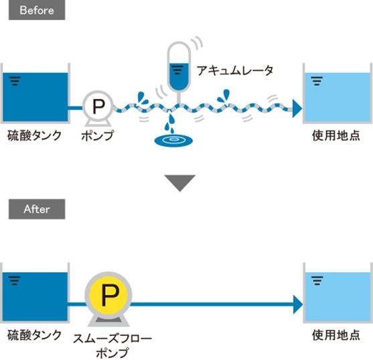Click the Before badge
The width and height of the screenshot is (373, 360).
(x=37, y=11)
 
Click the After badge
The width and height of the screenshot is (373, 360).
(x=37, y=209)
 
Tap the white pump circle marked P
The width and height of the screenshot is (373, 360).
(x=98, y=106)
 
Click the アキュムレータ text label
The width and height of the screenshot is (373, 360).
(x=235, y=70)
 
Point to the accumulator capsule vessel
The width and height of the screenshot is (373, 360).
(x=179, y=66)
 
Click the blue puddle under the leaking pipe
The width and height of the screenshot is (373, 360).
(x=173, y=141)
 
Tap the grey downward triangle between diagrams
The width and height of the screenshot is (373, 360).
(x=180, y=182)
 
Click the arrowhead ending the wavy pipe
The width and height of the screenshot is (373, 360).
(x=297, y=109)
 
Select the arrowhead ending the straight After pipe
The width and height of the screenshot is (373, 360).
(x=298, y=304)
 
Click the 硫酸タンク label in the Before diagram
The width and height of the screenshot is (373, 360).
(x=35, y=136)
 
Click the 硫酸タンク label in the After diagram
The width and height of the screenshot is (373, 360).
(x=35, y=335)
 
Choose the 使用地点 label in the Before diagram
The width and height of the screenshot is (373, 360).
(x=336, y=135)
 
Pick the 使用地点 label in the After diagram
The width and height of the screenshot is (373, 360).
(x=336, y=335)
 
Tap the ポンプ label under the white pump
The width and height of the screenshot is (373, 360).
(x=98, y=135)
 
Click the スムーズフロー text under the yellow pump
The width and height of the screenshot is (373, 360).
(x=113, y=339)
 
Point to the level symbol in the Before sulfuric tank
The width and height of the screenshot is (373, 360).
(x=15, y=81)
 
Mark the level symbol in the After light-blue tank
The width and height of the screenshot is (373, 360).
(x=317, y=280)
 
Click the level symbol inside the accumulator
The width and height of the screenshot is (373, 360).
(x=177, y=70)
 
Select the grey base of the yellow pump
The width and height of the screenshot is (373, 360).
(x=108, y=321)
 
